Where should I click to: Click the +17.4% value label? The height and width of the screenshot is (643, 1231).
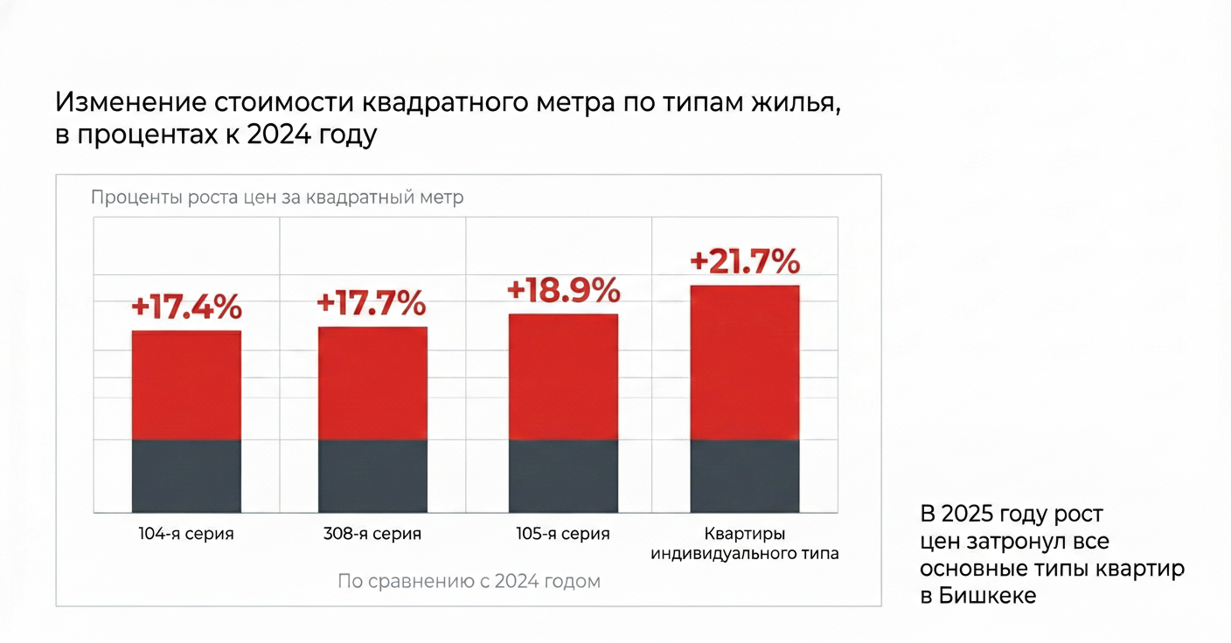(186, 308)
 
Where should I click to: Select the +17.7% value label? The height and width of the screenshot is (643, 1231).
(372, 303)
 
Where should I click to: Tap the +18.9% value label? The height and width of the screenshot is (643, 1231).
(564, 291)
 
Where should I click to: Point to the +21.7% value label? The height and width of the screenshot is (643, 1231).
(745, 261)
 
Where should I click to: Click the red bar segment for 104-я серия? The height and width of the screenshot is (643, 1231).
(186, 385)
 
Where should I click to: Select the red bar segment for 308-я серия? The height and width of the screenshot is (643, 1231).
(372, 383)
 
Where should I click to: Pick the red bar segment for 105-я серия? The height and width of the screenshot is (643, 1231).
(564, 377)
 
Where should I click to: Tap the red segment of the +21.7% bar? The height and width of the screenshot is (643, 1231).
(745, 363)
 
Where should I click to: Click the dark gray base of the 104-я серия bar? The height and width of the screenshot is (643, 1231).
(186, 476)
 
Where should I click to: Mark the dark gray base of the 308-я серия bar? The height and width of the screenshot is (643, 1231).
(372, 476)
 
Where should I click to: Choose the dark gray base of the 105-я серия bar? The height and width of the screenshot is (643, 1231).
(564, 476)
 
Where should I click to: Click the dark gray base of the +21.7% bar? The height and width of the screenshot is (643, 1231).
(745, 476)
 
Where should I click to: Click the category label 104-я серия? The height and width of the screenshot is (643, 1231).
(186, 534)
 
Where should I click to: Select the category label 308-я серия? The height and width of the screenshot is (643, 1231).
(372, 534)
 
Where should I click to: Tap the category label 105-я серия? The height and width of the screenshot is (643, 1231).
(564, 534)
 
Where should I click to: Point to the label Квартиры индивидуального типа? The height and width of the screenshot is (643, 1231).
(745, 543)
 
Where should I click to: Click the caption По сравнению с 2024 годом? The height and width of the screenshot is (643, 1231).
(469, 581)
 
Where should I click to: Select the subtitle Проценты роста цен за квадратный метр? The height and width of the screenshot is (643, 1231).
(277, 197)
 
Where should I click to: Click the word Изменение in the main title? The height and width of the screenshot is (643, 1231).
(130, 102)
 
